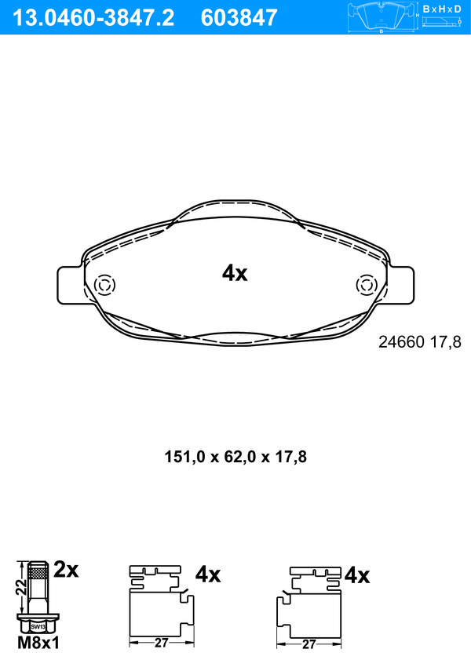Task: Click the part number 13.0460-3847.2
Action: coord(93,17)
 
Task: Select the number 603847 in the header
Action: coord(239,17)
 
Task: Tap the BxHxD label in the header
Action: coord(442,9)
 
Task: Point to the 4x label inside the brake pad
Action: coord(235,274)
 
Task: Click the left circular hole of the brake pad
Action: coord(104,285)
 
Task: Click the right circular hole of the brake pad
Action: coord(366,285)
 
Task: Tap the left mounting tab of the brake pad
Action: coord(69,285)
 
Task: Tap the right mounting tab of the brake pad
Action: coord(401,285)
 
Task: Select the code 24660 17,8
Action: coord(420,342)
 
